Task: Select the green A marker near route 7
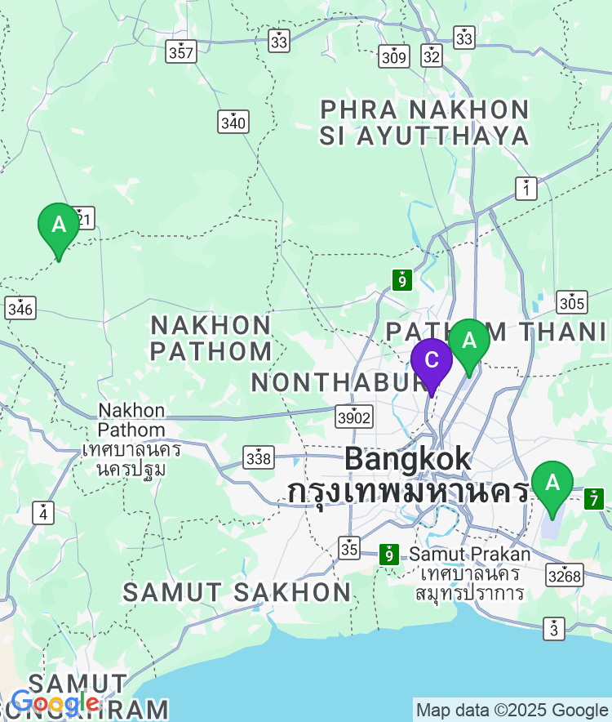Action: [552, 484]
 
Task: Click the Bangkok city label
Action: [407, 459]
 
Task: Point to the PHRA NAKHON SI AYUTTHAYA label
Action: [424, 123]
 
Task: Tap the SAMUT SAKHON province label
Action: [237, 593]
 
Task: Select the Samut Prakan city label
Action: [469, 555]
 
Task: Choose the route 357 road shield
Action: [180, 51]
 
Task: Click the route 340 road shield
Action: [233, 123]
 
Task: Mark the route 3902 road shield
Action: [354, 417]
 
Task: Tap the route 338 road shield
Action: [259, 458]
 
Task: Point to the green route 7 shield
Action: [594, 498]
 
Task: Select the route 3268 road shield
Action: [565, 576]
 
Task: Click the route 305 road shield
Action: [572, 303]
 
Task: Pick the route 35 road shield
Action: [350, 547]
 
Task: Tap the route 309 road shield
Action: [394, 56]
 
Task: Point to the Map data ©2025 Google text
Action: [512, 710]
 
